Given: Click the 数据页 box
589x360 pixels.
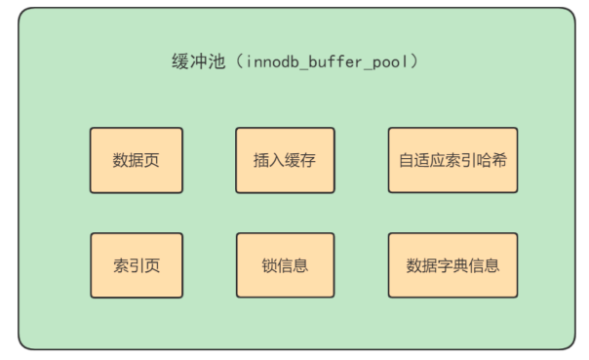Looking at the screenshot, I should (136, 160).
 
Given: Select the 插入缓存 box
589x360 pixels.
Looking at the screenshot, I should (285, 160).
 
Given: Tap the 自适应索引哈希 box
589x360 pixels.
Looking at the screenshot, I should (452, 160).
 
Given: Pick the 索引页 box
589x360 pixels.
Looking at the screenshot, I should (136, 265).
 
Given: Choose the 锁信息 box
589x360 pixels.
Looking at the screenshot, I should (285, 265).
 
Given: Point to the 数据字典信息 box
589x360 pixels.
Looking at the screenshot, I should (452, 265).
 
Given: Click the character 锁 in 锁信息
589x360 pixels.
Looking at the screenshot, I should (269, 265).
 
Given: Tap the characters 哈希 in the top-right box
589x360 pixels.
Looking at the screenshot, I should (492, 160).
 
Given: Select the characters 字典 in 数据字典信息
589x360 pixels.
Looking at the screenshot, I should (452, 265).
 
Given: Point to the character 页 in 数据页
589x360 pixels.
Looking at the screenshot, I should (151, 160).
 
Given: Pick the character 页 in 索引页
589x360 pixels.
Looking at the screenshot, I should (151, 265).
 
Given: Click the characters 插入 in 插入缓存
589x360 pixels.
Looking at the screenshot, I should (269, 160).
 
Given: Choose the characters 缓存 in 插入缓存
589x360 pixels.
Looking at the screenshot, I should (300, 160).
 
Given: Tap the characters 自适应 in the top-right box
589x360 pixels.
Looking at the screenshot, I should (421, 160).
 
